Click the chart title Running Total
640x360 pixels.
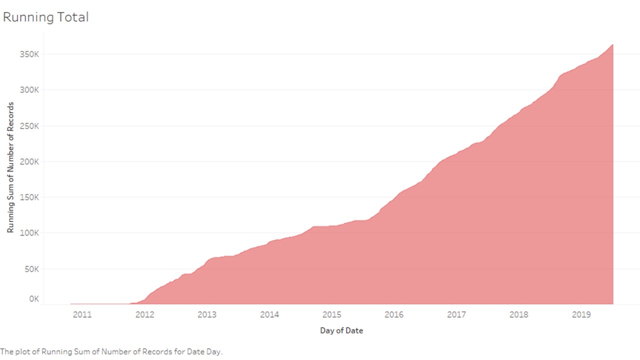pyautogui.click(x=45, y=17)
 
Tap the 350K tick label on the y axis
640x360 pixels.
pyautogui.click(x=29, y=54)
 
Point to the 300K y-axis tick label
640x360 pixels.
pyautogui.click(x=29, y=90)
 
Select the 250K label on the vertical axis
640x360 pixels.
pyautogui.click(x=29, y=126)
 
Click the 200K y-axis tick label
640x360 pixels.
pyautogui.click(x=29, y=161)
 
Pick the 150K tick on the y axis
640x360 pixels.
pyautogui.click(x=29, y=197)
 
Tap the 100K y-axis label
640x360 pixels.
pyautogui.click(x=29, y=233)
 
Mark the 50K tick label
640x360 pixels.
pyautogui.click(x=31, y=269)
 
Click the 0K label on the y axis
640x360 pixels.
pyautogui.click(x=34, y=299)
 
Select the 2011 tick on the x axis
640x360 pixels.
pyautogui.click(x=82, y=314)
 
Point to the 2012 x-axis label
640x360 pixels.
pyautogui.click(x=144, y=314)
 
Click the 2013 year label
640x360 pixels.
pyautogui.click(x=207, y=314)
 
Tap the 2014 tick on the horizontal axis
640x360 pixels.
pyautogui.click(x=269, y=314)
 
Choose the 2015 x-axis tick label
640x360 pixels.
pyautogui.click(x=331, y=314)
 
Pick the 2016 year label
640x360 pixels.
pyautogui.click(x=394, y=314)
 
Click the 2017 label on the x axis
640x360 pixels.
pyautogui.click(x=456, y=314)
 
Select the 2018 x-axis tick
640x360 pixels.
pyautogui.click(x=519, y=314)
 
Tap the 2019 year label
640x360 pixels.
pyautogui.click(x=581, y=314)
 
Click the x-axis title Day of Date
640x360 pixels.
pyautogui.click(x=341, y=330)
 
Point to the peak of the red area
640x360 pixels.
pyautogui.click(x=612, y=44)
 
